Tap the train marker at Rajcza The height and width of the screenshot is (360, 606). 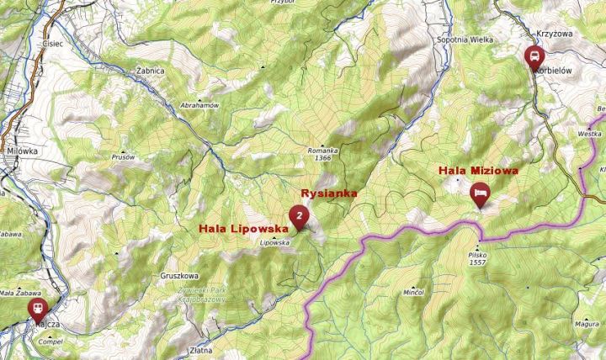coord(38,309)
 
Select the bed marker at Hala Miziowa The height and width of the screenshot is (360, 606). coord(480,193)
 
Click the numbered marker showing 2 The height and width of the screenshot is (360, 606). coord(298,216)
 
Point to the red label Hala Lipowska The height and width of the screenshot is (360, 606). coord(243,228)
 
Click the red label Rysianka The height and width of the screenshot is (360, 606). coord(329,193)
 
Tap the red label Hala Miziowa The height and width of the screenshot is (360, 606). coord(478,171)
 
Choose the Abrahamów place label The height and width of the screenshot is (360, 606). coord(199,105)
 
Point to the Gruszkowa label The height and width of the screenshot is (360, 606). coord(178,275)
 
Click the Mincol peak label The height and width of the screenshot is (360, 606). coord(412,292)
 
